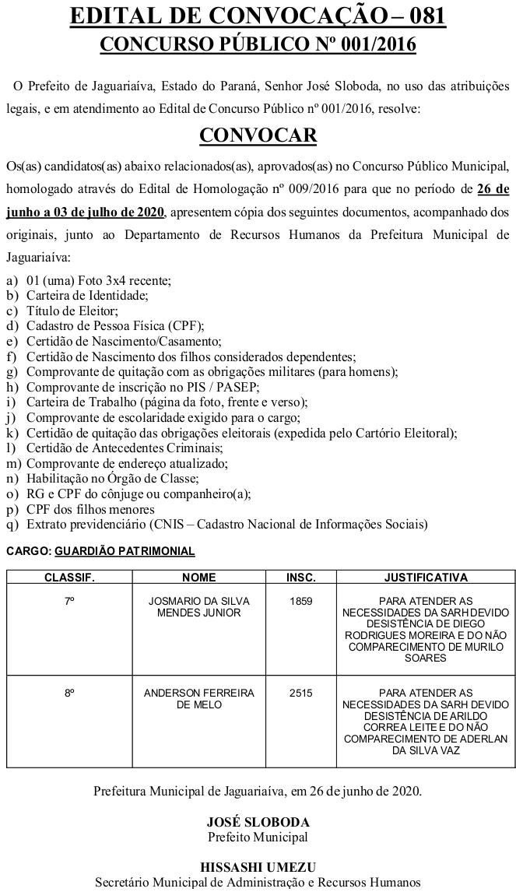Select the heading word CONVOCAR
[x=258, y=135]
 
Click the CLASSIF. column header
[x=69, y=578]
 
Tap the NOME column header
[x=199, y=578]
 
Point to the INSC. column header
[x=301, y=578]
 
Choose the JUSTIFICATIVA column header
[x=426, y=578]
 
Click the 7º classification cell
[x=69, y=602]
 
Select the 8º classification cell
[x=69, y=693]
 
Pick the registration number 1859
[x=301, y=602]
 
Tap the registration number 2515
[x=301, y=693]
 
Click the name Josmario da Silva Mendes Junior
[x=199, y=607]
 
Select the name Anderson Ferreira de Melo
[x=199, y=698]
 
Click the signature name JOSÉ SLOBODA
[x=258, y=822]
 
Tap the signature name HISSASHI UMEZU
[x=258, y=867]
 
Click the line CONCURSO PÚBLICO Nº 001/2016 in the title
[x=258, y=45]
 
